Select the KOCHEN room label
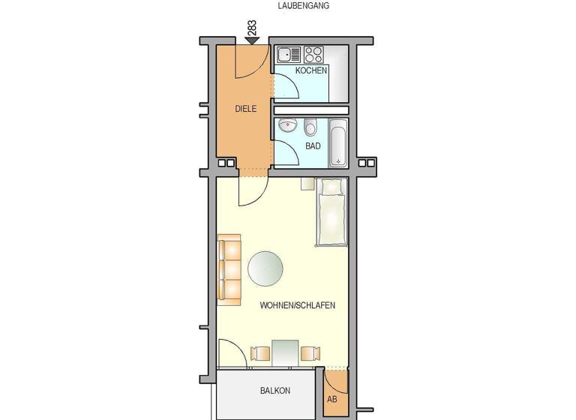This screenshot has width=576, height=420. point(310,70)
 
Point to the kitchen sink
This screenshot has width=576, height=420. point(288,54)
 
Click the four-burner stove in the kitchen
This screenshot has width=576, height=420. point(313,54)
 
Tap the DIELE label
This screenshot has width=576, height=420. point(245,109)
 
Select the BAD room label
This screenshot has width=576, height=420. point(313,145)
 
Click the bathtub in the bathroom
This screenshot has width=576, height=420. point(338,142)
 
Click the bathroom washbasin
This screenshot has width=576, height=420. point(285,127)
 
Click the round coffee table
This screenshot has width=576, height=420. point(265,269)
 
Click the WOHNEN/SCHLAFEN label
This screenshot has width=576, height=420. point(297,306)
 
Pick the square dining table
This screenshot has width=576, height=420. point(285,352)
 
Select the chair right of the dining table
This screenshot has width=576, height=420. point(310,353)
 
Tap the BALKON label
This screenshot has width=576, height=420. point(275,391)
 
